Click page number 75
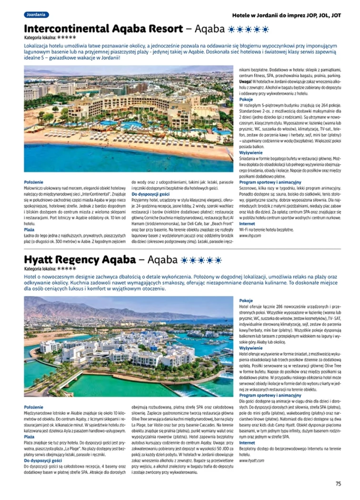[338, 484]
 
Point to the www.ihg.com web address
[249, 235]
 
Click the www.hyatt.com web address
[251, 460]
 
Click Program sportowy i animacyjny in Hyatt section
[270, 395]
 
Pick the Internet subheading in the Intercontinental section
[247, 223]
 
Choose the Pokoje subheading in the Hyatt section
[246, 301]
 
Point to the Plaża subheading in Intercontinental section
[29, 229]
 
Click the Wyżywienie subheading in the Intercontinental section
[250, 153]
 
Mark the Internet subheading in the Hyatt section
[247, 442]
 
